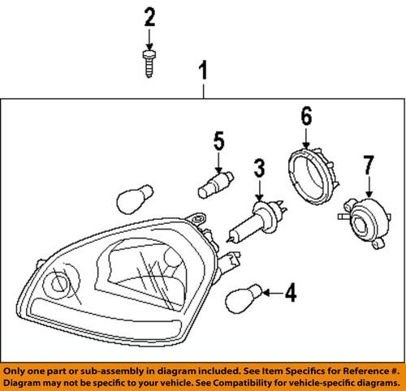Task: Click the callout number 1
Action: (x=204, y=74)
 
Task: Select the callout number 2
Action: (x=149, y=15)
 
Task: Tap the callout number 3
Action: (x=259, y=170)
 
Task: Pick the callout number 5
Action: (x=218, y=141)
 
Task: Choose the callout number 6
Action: (x=306, y=116)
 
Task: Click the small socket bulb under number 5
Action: (x=214, y=182)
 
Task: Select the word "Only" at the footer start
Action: (x=17, y=369)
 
